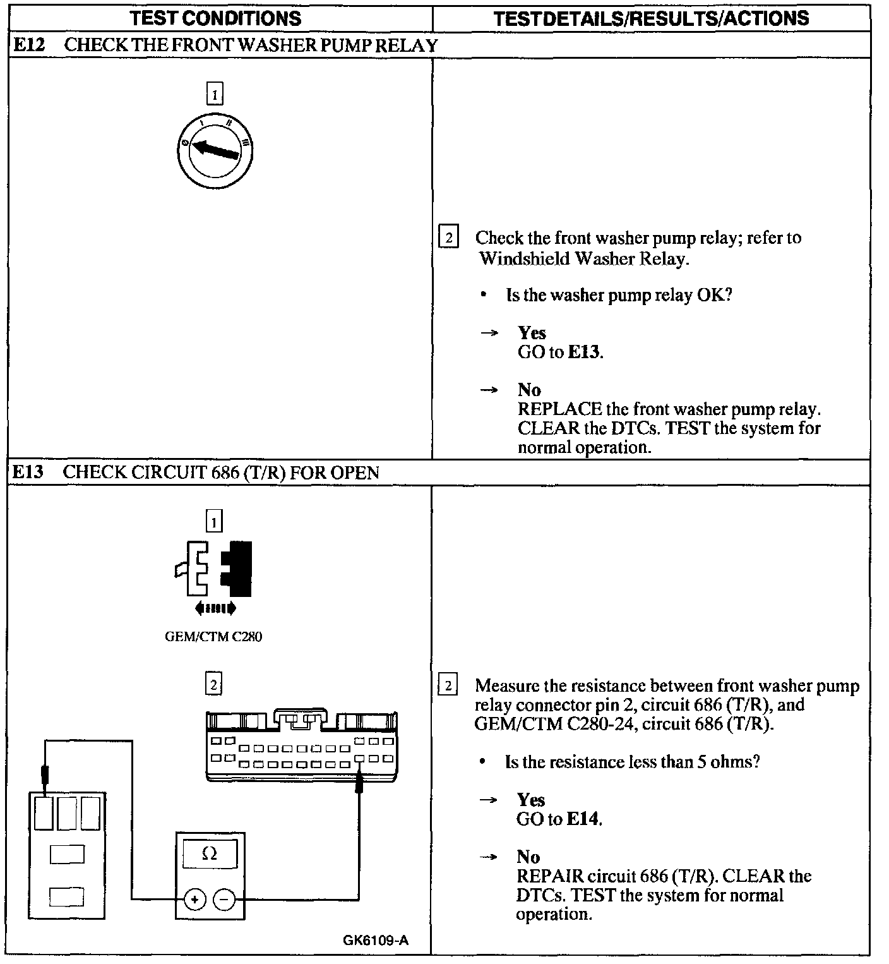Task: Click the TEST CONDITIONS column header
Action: [216, 18]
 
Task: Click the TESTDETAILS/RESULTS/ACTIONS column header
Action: [651, 18]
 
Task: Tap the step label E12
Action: [29, 45]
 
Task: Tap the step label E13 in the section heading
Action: [28, 472]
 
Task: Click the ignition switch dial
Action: [215, 152]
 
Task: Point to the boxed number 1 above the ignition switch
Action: [215, 95]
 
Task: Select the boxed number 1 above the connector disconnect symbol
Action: [215, 522]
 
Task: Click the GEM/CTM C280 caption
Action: [213, 637]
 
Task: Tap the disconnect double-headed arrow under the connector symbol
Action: [215, 608]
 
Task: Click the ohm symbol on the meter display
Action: [210, 854]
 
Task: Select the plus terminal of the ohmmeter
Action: [195, 899]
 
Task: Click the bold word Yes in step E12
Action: [532, 333]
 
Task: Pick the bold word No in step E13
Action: [528, 857]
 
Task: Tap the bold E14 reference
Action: [583, 819]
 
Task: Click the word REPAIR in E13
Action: [549, 876]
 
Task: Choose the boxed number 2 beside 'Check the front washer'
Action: [448, 238]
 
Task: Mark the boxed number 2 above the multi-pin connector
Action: [214, 684]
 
